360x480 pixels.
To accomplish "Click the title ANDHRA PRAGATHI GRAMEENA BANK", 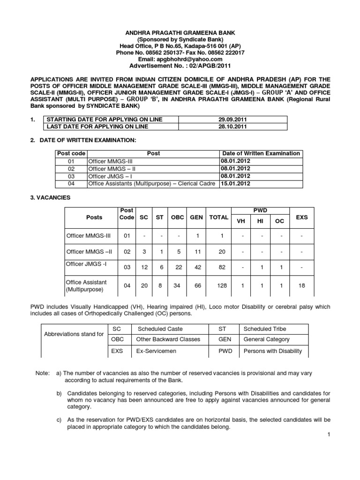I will (180, 33).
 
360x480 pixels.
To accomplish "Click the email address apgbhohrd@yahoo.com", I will (180, 59).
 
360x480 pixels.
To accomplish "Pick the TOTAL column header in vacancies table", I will (218, 217).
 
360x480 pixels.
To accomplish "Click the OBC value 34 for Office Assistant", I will (177, 285).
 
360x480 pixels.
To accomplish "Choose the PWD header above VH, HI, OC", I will (260, 210).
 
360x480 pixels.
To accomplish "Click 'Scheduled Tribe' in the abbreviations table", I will (265, 329).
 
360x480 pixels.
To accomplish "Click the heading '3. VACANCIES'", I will (50, 198).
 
